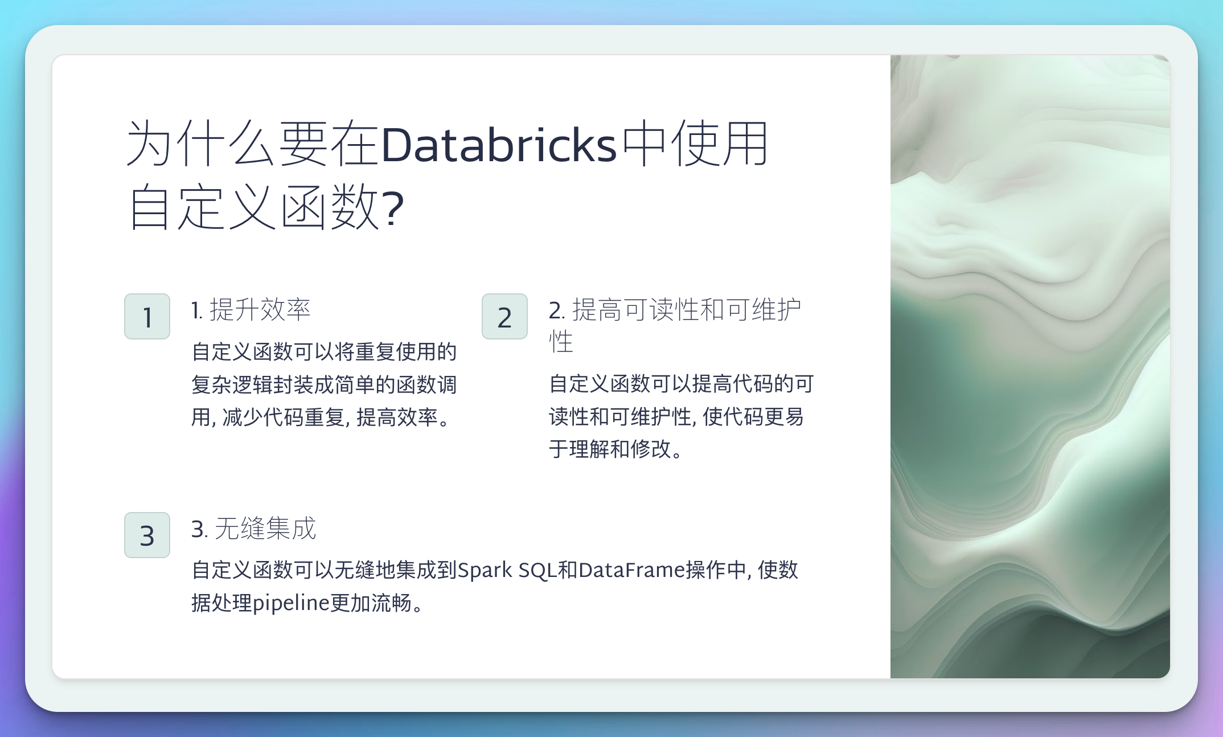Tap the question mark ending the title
393,208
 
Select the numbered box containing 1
147,317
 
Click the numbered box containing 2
504,317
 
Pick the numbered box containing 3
147,535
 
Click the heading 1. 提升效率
251,310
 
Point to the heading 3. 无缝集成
253,529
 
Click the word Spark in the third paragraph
485,570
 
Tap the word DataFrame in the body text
631,570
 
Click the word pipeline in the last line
290,603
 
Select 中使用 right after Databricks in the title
695,145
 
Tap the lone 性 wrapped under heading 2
561,342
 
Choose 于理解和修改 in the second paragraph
610,449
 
